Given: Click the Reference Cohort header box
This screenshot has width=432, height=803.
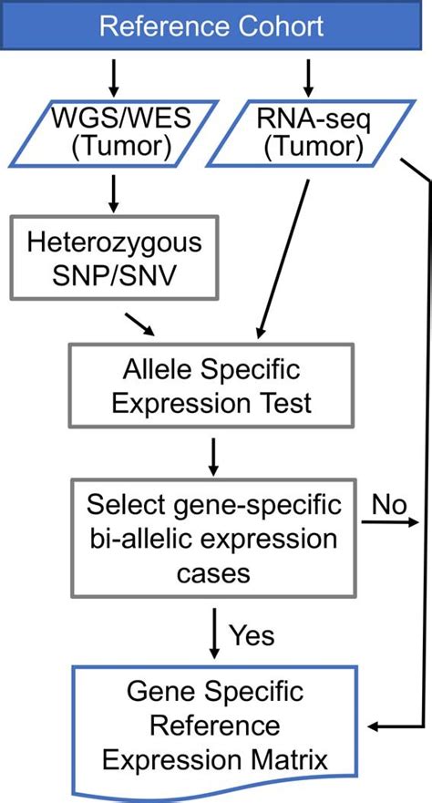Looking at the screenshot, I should [211, 26].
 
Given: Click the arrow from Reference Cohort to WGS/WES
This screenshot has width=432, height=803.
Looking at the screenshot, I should [113, 77].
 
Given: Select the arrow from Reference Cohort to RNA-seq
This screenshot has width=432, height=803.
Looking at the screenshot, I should [308, 77].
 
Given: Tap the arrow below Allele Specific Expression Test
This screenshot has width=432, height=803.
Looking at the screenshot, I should [211, 452].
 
